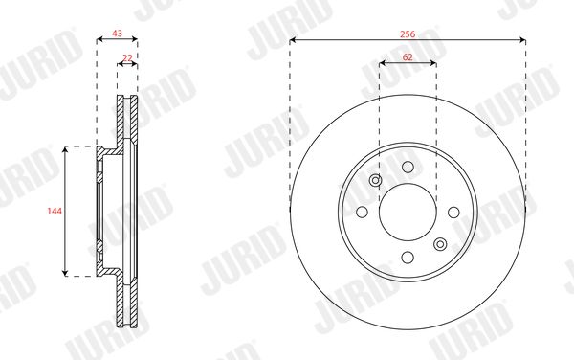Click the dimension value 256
click(408, 34)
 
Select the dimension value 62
click(408, 57)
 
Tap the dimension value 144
click(55, 211)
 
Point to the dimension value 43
click(117, 34)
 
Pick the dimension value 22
click(127, 58)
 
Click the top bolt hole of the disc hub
click(408, 167)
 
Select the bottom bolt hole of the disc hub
click(408, 258)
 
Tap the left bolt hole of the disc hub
click(362, 212)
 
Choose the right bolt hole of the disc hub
click(453, 212)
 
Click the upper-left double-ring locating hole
click(376, 180)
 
